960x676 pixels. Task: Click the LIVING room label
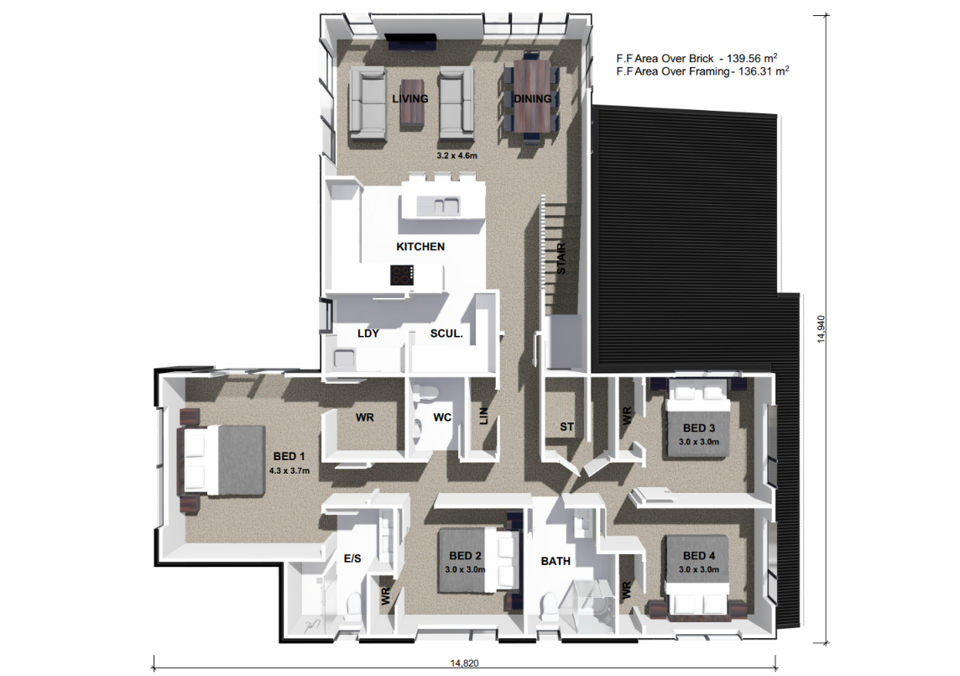pyautogui.click(x=410, y=99)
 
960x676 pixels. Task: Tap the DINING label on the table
pyautogui.click(x=533, y=99)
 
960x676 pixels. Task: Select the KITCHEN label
pyautogui.click(x=420, y=246)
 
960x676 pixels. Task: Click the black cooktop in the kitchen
pyautogui.click(x=402, y=275)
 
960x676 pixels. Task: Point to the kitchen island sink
pyautogui.click(x=438, y=206)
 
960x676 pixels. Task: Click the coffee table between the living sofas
pyautogui.click(x=412, y=105)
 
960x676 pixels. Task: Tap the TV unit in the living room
pyautogui.click(x=411, y=42)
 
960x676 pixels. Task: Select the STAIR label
pyautogui.click(x=561, y=258)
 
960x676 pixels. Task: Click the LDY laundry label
pyautogui.click(x=368, y=333)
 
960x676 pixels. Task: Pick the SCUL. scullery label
pyautogui.click(x=446, y=333)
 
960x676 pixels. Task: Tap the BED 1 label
pyautogui.click(x=289, y=457)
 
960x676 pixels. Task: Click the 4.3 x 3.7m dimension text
pyautogui.click(x=289, y=471)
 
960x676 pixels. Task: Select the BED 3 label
pyautogui.click(x=699, y=428)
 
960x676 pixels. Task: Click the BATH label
pyautogui.click(x=556, y=561)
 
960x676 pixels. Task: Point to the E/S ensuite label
pyautogui.click(x=352, y=558)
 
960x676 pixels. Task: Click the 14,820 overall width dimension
pyautogui.click(x=465, y=663)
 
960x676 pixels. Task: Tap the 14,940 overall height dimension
pyautogui.click(x=821, y=329)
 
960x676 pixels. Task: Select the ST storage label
pyautogui.click(x=567, y=427)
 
